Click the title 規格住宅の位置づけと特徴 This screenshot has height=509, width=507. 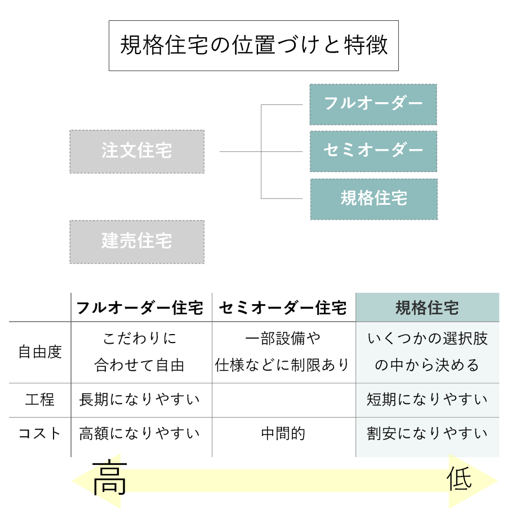(x=253, y=45)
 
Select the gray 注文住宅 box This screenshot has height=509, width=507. (x=137, y=151)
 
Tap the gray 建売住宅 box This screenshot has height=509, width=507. (x=137, y=242)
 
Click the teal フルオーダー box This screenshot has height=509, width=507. (x=373, y=104)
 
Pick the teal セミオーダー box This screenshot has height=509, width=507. (x=373, y=151)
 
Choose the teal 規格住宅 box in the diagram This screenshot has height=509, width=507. (x=374, y=199)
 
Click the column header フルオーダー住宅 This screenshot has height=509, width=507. (x=140, y=308)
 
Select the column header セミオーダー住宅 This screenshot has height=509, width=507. (x=283, y=308)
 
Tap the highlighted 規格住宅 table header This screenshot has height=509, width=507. (x=428, y=307)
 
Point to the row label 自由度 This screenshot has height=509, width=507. (x=40, y=352)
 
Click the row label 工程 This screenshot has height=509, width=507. (x=40, y=400)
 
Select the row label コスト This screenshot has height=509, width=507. (x=40, y=433)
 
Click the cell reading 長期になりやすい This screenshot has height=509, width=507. (x=139, y=400)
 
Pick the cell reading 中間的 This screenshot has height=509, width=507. (x=283, y=434)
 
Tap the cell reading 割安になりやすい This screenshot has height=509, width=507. (x=427, y=433)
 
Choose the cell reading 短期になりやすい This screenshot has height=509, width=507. (x=427, y=400)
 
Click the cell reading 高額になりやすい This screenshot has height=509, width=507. (x=139, y=433)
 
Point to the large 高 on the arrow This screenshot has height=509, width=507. (x=109, y=477)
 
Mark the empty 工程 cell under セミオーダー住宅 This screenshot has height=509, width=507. (x=284, y=400)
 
